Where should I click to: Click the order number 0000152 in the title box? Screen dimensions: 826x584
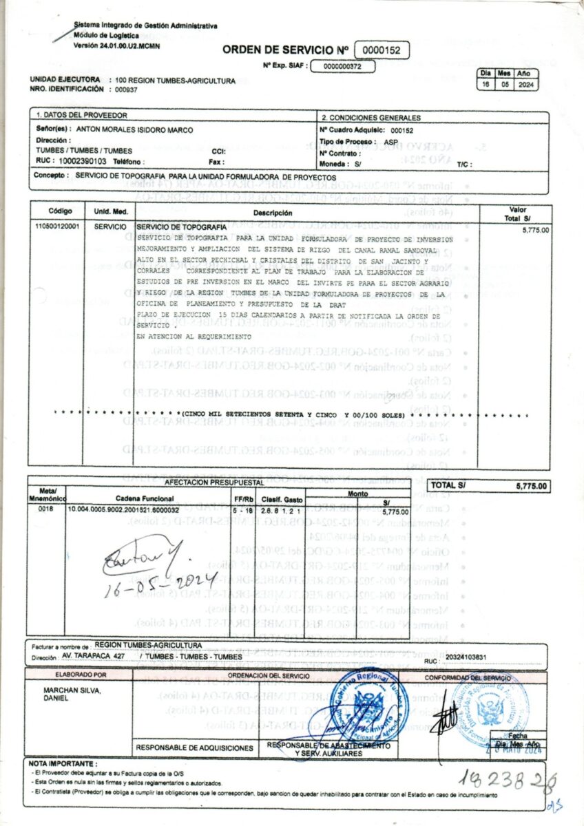pyautogui.click(x=382, y=50)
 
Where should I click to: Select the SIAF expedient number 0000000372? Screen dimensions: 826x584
pyautogui.click(x=342, y=67)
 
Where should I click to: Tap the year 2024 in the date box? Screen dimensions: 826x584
pyautogui.click(x=523, y=85)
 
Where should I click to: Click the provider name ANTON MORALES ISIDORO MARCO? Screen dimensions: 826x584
pyautogui.click(x=134, y=129)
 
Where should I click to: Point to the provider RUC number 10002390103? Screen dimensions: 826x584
pyautogui.click(x=82, y=160)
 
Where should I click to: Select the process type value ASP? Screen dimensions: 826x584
pyautogui.click(x=390, y=140)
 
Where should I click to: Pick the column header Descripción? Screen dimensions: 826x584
pyautogui.click(x=273, y=213)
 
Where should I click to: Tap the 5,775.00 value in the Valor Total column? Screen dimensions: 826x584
pyautogui.click(x=536, y=231)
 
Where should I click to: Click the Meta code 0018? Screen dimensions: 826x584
pyautogui.click(x=45, y=509)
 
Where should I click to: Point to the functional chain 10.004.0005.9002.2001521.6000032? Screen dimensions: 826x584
pyautogui.click(x=123, y=509)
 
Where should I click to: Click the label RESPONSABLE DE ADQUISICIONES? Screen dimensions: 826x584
pyautogui.click(x=195, y=747)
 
